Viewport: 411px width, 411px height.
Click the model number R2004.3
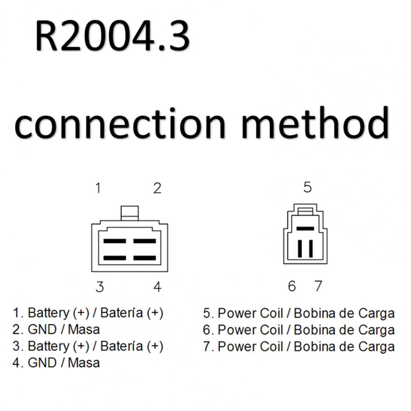click(x=113, y=36)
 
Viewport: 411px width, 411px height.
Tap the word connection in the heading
click(x=120, y=124)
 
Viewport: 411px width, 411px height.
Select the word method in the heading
click(x=315, y=122)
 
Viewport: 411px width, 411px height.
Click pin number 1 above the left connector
click(x=98, y=188)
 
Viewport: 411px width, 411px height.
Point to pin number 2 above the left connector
click(x=157, y=188)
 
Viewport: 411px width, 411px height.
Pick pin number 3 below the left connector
click(x=100, y=287)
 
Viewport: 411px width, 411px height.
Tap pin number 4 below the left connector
click(x=157, y=287)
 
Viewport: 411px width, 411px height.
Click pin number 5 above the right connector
click(x=308, y=187)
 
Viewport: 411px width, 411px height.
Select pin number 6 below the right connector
click(x=292, y=286)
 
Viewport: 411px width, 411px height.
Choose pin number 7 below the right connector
click(x=318, y=286)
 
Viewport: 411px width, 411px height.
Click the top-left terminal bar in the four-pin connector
click(x=115, y=241)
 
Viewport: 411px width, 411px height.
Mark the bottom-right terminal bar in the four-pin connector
click(x=145, y=258)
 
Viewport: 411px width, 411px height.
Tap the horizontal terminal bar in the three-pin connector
click(x=305, y=229)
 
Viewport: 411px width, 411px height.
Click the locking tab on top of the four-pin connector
click(x=129, y=213)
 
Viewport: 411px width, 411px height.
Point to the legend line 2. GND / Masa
click(x=56, y=329)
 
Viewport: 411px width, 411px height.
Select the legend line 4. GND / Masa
click(x=56, y=363)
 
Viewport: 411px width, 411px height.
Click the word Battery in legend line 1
click(x=48, y=313)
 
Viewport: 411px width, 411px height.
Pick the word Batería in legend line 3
click(x=122, y=346)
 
